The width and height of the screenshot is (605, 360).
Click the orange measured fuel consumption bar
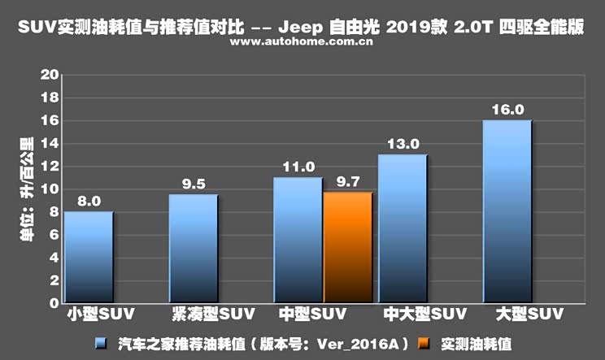pyautogui.click(x=347, y=248)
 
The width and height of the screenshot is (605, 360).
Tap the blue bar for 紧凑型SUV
pyautogui.click(x=194, y=249)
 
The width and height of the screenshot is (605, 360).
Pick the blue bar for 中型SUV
pyautogui.click(x=298, y=241)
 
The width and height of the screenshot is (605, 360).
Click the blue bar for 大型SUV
pyautogui.click(x=507, y=212)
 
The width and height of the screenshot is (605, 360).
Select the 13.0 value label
pyautogui.click(x=403, y=144)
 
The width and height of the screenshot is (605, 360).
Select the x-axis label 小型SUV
pyautogui.click(x=100, y=314)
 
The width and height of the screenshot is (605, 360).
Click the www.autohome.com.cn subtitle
pyautogui.click(x=302, y=42)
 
